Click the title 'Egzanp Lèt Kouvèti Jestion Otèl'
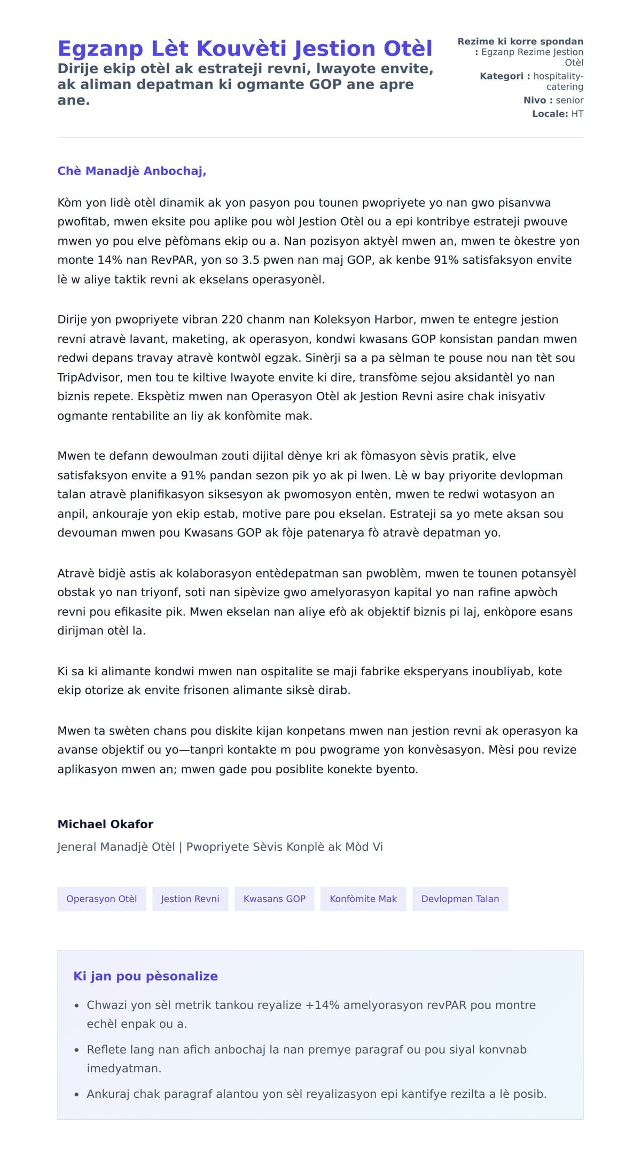[245, 49]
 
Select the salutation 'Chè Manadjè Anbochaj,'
[131, 171]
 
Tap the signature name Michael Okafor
[105, 824]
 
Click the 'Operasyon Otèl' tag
[101, 899]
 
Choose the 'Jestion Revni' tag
[190, 899]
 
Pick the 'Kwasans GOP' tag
[275, 899]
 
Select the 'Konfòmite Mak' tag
[363, 899]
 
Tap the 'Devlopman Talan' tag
[460, 899]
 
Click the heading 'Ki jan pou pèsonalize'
[145, 976]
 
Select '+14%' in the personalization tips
[322, 1005]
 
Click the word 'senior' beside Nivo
[569, 100]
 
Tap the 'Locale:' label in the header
[550, 114]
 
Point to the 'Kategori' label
[502, 76]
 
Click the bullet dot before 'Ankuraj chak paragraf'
[76, 1095]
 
